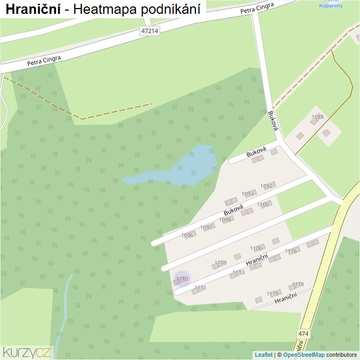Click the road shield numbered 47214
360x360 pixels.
(x=150, y=31)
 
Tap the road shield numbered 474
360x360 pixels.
(x=303, y=334)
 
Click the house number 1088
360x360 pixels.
(x=318, y=117)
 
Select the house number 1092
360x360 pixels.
(x=267, y=186)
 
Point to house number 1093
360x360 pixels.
(x=248, y=194)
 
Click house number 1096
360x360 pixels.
(x=187, y=235)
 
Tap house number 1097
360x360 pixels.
(x=206, y=227)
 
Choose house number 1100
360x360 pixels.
(x=263, y=204)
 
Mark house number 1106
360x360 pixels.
(x=257, y=248)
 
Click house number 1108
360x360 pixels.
(x=220, y=263)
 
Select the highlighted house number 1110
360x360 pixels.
(x=182, y=279)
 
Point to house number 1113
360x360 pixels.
(x=238, y=272)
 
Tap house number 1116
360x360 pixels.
(x=291, y=251)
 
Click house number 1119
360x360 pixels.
(x=273, y=293)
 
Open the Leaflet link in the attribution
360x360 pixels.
(x=263, y=355)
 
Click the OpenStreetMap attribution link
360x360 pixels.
(x=304, y=355)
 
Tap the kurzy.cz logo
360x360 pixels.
(x=27, y=351)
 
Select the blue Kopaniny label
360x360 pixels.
(x=330, y=6)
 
